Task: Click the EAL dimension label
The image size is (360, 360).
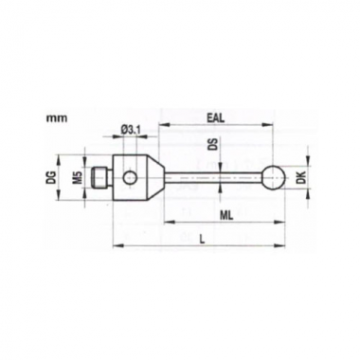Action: click(215, 118)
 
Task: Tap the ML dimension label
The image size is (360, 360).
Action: click(227, 216)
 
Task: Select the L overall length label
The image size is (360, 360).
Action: click(202, 240)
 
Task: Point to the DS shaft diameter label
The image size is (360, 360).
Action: click(215, 146)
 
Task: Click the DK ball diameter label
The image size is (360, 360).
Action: click(301, 178)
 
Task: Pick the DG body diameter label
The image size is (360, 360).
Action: click(52, 177)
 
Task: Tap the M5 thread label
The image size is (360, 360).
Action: click(80, 177)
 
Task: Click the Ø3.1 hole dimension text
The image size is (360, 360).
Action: click(130, 129)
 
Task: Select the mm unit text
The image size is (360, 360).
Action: click(57, 118)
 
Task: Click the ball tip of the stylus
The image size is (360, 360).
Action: click(274, 177)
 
